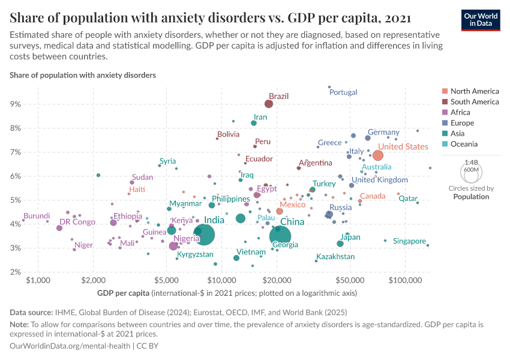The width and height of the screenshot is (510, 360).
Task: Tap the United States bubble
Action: [x=378, y=155]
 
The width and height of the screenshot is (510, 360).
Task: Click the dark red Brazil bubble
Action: [x=269, y=104]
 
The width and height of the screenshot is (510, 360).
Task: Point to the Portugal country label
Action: [x=343, y=92]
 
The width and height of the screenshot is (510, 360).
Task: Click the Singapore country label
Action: [x=409, y=241]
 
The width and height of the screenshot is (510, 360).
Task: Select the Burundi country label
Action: [x=37, y=216]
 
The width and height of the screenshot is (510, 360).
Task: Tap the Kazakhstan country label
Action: [x=335, y=257]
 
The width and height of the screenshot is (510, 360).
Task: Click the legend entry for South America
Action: [x=474, y=102]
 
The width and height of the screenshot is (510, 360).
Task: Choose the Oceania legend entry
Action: [x=464, y=144]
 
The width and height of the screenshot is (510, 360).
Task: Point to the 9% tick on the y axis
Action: [x=15, y=104]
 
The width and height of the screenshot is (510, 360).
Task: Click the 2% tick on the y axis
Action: [x=15, y=272]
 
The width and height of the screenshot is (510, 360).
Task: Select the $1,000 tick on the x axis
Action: [x=38, y=281]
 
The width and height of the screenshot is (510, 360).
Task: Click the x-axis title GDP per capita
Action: [x=123, y=293]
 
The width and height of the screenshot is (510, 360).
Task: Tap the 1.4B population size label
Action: [x=472, y=163]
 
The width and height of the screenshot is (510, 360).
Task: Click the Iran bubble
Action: [x=254, y=123]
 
